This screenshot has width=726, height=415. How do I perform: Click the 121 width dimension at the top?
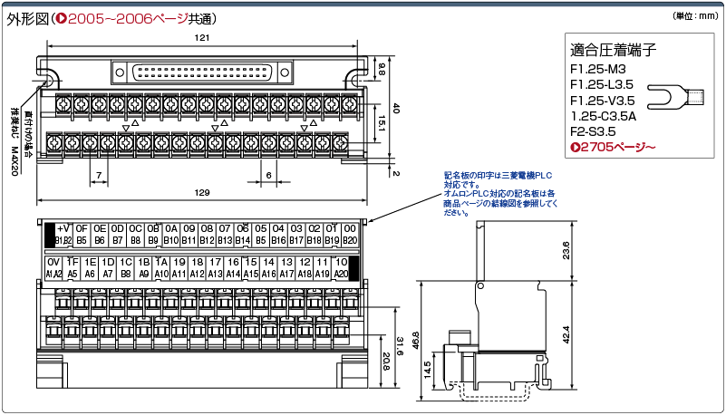point(202,38)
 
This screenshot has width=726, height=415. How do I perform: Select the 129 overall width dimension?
point(202,192)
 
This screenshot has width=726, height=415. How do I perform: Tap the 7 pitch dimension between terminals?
point(98,174)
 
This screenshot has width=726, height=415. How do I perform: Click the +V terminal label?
point(63,229)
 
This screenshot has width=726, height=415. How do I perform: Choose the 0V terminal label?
point(53,261)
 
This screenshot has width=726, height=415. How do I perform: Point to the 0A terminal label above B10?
point(170,229)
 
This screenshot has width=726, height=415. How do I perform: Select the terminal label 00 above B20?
point(350,229)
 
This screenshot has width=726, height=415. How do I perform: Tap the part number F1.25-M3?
point(599,69)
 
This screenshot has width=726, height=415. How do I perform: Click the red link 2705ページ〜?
point(612,147)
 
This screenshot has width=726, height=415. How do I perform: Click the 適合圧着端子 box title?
point(614,49)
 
